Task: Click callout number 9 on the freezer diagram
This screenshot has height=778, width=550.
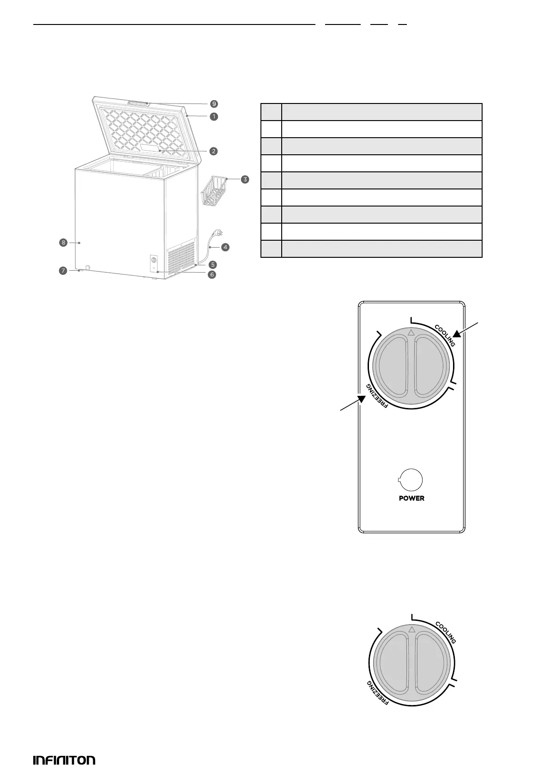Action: (214, 104)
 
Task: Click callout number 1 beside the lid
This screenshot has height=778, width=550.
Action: (214, 116)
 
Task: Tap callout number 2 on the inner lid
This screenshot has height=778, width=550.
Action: (213, 151)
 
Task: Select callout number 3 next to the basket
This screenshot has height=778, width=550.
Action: (245, 179)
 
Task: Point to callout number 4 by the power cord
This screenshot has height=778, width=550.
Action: (225, 247)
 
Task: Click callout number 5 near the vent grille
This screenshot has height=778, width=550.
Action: (212, 265)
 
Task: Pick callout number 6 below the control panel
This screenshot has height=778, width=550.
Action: (212, 274)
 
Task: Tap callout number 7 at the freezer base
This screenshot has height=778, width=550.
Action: (62, 271)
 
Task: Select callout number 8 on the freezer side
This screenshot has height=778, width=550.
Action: (63, 242)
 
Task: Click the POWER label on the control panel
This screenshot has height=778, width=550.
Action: (411, 498)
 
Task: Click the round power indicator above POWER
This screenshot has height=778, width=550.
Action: (411, 480)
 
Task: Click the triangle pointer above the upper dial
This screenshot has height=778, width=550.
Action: (411, 332)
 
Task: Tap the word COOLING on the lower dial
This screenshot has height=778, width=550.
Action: (446, 632)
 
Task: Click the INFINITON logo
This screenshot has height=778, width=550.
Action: (64, 760)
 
